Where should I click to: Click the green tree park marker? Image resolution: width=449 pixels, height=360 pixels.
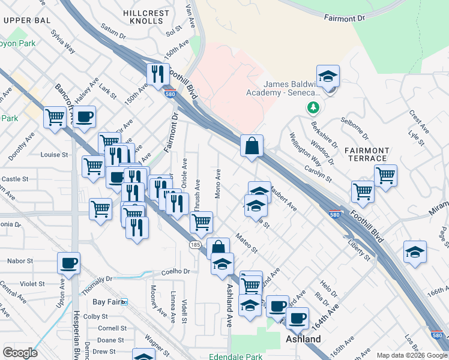tap(313, 108)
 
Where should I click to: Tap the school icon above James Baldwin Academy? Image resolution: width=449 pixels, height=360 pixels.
tap(328, 77)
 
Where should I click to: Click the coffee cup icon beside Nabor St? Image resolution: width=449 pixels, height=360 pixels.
tap(68, 263)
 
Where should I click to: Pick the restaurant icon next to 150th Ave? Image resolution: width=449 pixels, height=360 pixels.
tap(157, 74)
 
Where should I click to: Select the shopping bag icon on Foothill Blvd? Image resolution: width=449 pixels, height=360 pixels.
tap(252, 145)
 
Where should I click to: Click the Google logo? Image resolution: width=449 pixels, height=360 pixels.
tap(20, 353)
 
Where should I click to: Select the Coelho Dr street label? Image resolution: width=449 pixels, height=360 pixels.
tap(175, 271)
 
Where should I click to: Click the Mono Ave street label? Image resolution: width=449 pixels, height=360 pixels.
tap(218, 184)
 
